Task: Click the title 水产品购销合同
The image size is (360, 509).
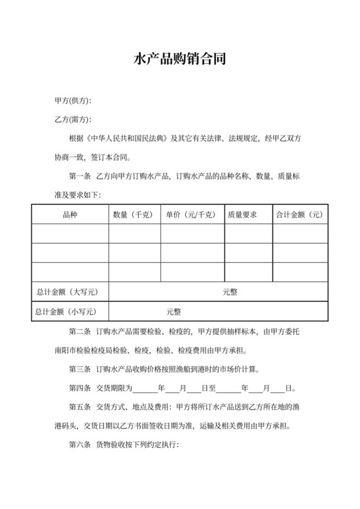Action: [x=179, y=60]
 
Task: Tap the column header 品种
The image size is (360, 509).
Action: [x=70, y=215]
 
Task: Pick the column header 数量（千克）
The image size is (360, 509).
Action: [x=134, y=215]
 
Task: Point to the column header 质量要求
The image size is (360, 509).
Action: [x=242, y=215]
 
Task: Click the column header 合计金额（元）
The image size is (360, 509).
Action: [x=299, y=215]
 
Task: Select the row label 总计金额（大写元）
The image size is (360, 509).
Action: [x=70, y=292]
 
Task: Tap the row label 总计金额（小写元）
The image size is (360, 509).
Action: [x=70, y=312]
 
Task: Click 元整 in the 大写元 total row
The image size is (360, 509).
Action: [x=230, y=292]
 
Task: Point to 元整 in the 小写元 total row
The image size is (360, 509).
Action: [x=174, y=312]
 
